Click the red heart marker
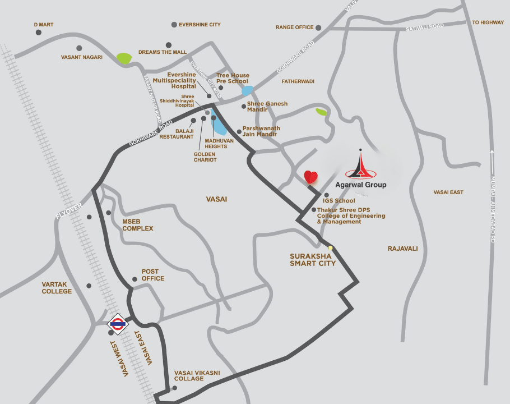pyautogui.click(x=311, y=177)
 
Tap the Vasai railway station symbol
pyautogui.click(x=118, y=323)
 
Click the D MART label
pyautogui.click(x=44, y=25)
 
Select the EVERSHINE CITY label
pyautogui.click(x=200, y=25)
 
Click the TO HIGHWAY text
pyautogui.click(x=488, y=22)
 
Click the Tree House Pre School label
pyautogui.click(x=233, y=79)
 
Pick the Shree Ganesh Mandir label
pyautogui.click(x=267, y=107)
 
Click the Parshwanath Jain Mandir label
pyautogui.click(x=261, y=131)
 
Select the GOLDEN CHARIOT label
pyautogui.click(x=205, y=157)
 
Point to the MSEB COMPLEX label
pyautogui.click(x=138, y=225)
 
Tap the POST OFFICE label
pyautogui.click(x=153, y=275)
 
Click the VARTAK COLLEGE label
pyautogui.click(x=57, y=288)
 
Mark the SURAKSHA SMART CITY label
pyautogui.click(x=313, y=260)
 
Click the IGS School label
pyautogui.click(x=339, y=200)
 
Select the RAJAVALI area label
pyautogui.click(x=402, y=249)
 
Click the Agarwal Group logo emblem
pyautogui.click(x=360, y=165)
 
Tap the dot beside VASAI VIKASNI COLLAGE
pyautogui.click(x=175, y=388)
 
